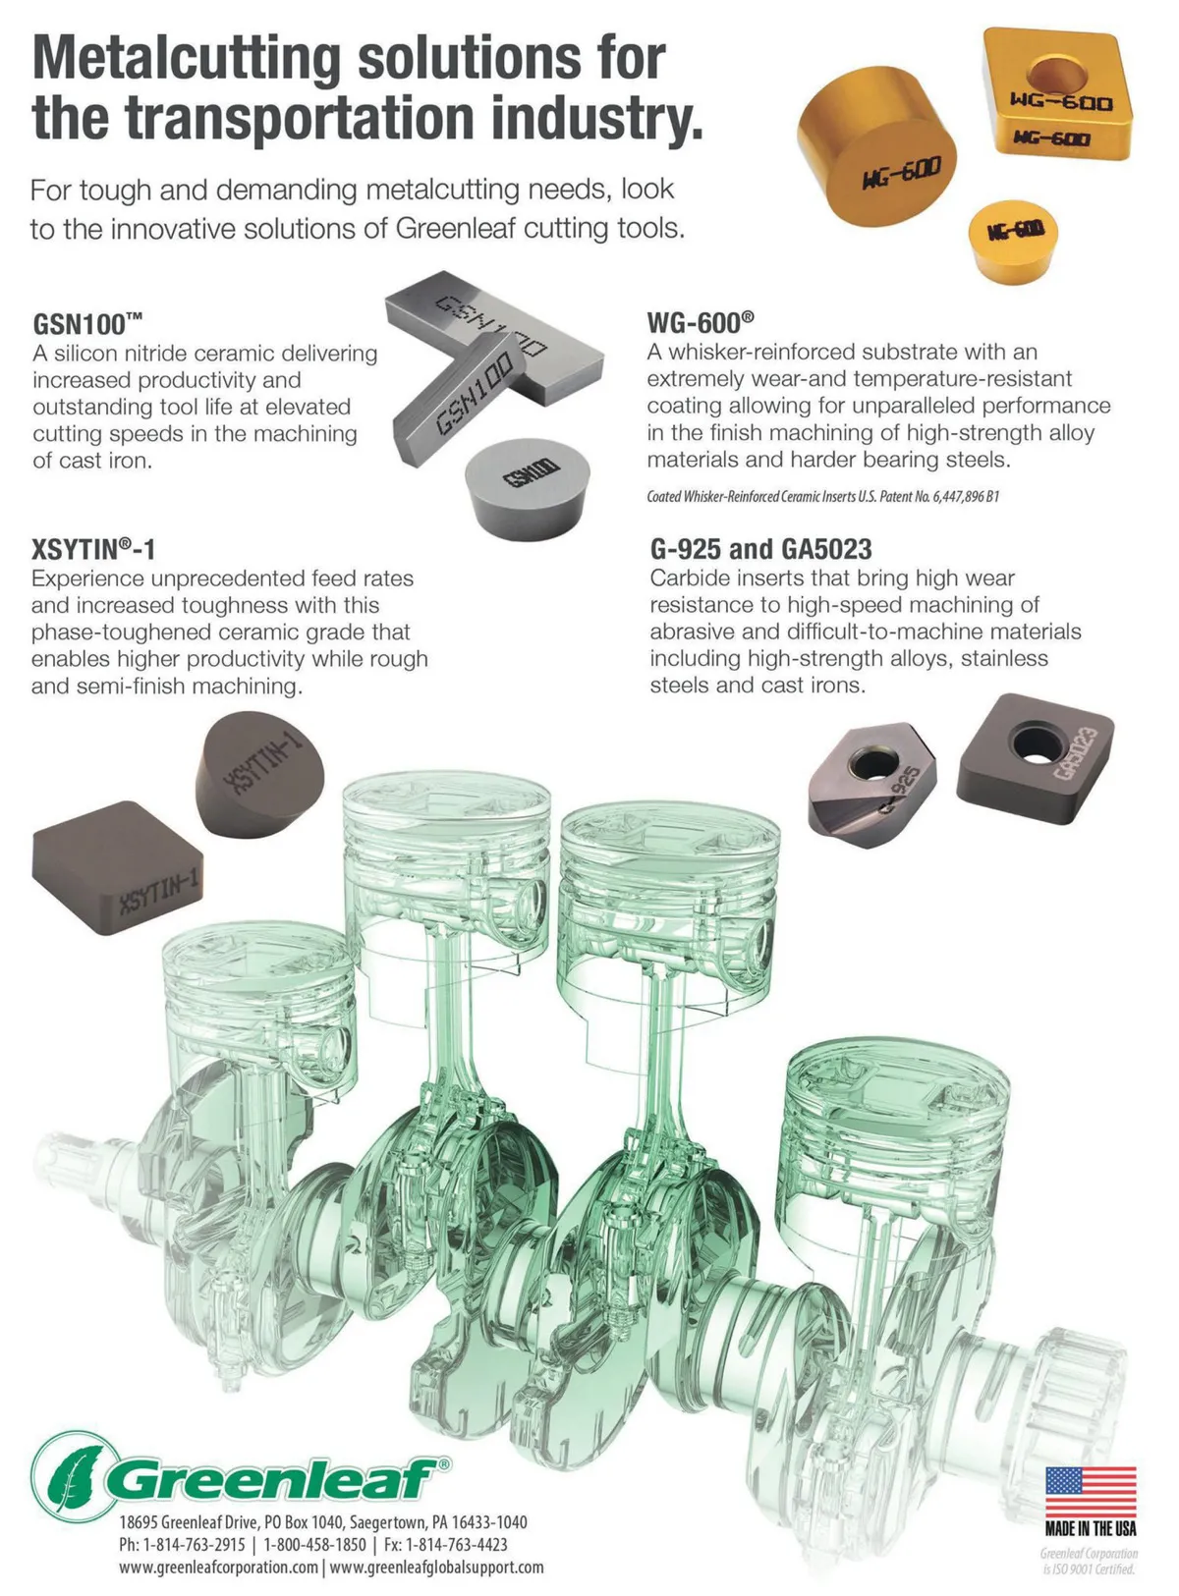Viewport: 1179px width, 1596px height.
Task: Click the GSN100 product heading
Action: pos(87,324)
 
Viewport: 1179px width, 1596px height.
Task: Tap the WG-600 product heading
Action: pos(700,323)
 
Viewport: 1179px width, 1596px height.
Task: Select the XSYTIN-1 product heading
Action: pos(93,550)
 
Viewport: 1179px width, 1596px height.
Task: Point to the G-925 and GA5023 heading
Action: pos(760,549)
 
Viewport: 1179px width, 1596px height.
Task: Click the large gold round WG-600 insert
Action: pos(876,145)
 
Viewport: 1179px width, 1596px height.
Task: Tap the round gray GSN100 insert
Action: pos(527,488)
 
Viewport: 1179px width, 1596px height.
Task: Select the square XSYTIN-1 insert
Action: pos(117,867)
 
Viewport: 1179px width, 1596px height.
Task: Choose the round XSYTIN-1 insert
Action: pos(259,774)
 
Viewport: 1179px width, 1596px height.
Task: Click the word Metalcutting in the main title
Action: pos(187,58)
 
